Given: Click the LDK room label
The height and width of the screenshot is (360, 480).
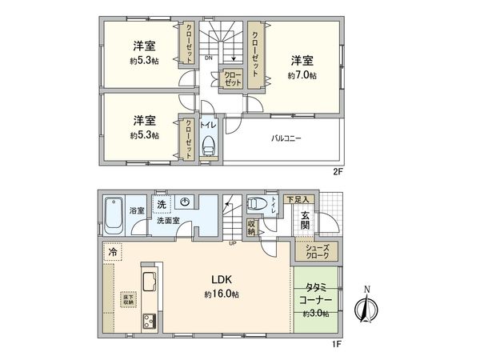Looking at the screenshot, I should (222, 279).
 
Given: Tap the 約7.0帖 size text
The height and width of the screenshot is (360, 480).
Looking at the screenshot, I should (302, 75).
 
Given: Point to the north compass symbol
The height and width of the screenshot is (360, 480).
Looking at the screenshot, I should (367, 307).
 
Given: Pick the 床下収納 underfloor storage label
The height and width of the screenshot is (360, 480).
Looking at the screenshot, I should (128, 300).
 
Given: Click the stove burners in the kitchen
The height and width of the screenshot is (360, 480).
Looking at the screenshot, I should (149, 322).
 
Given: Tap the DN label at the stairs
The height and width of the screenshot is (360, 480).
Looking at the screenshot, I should (208, 58).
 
